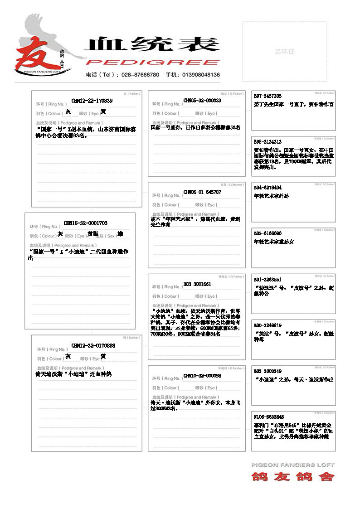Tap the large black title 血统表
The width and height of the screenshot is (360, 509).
click(x=151, y=44)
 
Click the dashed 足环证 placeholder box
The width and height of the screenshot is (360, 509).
click(x=284, y=51)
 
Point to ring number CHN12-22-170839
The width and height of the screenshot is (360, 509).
click(x=92, y=101)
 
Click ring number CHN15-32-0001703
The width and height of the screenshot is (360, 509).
click(x=86, y=223)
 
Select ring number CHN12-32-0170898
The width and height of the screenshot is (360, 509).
click(x=93, y=346)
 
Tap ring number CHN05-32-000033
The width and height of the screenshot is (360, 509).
click(x=202, y=101)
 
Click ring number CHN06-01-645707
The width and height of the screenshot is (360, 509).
click(x=202, y=192)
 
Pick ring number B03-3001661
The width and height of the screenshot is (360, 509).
click(x=197, y=284)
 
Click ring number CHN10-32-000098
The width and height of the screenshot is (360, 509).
click(x=202, y=375)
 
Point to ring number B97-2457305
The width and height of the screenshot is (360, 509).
click(x=268, y=96)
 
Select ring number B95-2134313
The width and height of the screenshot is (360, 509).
click(x=268, y=141)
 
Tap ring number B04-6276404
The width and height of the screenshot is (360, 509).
click(x=268, y=187)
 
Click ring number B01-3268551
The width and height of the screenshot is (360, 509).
click(x=268, y=280)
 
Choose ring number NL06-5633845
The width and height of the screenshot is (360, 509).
click(x=269, y=417)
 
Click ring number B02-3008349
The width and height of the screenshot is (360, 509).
click(x=268, y=371)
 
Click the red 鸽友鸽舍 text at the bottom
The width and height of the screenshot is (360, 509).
click(x=293, y=477)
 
